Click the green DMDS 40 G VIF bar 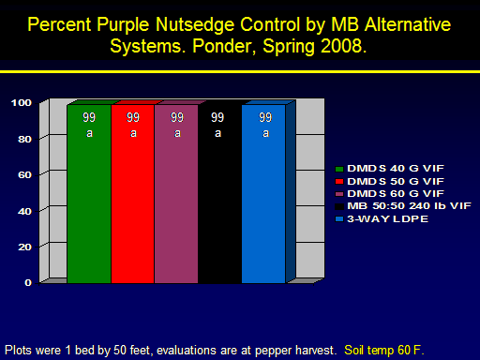click(89, 194)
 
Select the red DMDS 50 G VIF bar click(133, 194)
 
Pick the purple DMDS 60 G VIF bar click(176, 194)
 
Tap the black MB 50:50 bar click(220, 194)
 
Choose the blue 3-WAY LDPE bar click(263, 194)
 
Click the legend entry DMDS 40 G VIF click(389, 169)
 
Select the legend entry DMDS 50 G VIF click(389, 181)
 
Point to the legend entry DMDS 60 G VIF click(389, 194)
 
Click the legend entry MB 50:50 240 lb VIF click(403, 206)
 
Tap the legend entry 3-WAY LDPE click(382, 218)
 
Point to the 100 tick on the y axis click(22, 103)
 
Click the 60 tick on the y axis click(24, 175)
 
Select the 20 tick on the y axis click(24, 247)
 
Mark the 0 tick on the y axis click(28, 283)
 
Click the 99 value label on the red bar click(133, 117)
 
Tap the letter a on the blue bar click(265, 133)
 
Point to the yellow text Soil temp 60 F click(384, 351)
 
